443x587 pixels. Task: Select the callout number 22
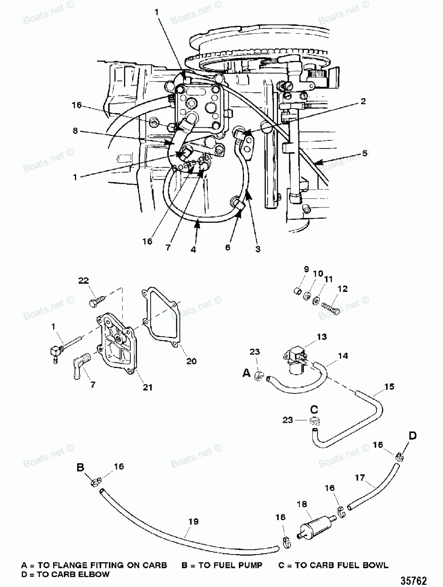[84, 280]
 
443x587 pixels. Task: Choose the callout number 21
[148, 387]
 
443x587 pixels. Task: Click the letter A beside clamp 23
[246, 373]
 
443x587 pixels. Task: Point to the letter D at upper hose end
[412, 436]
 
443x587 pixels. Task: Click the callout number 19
[193, 521]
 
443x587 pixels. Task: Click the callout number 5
[364, 154]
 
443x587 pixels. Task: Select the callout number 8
[76, 131]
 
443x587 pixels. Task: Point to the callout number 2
[363, 101]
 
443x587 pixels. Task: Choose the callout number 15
[389, 387]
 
